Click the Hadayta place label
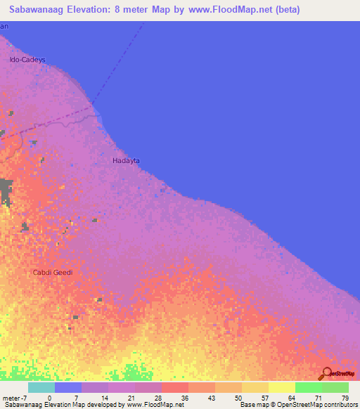pyautogui.click(x=127, y=161)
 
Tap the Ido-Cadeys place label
pyautogui.click(x=27, y=60)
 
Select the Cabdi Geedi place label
pyautogui.click(x=53, y=273)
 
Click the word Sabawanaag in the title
pyautogui.click(x=39, y=10)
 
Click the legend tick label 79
pyautogui.click(x=345, y=397)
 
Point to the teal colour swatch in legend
pyautogui.click(x=41, y=387)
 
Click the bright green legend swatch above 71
pyautogui.click(x=308, y=387)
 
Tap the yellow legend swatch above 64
pyautogui.click(x=281, y=387)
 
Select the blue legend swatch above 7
pyautogui.click(x=68, y=387)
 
